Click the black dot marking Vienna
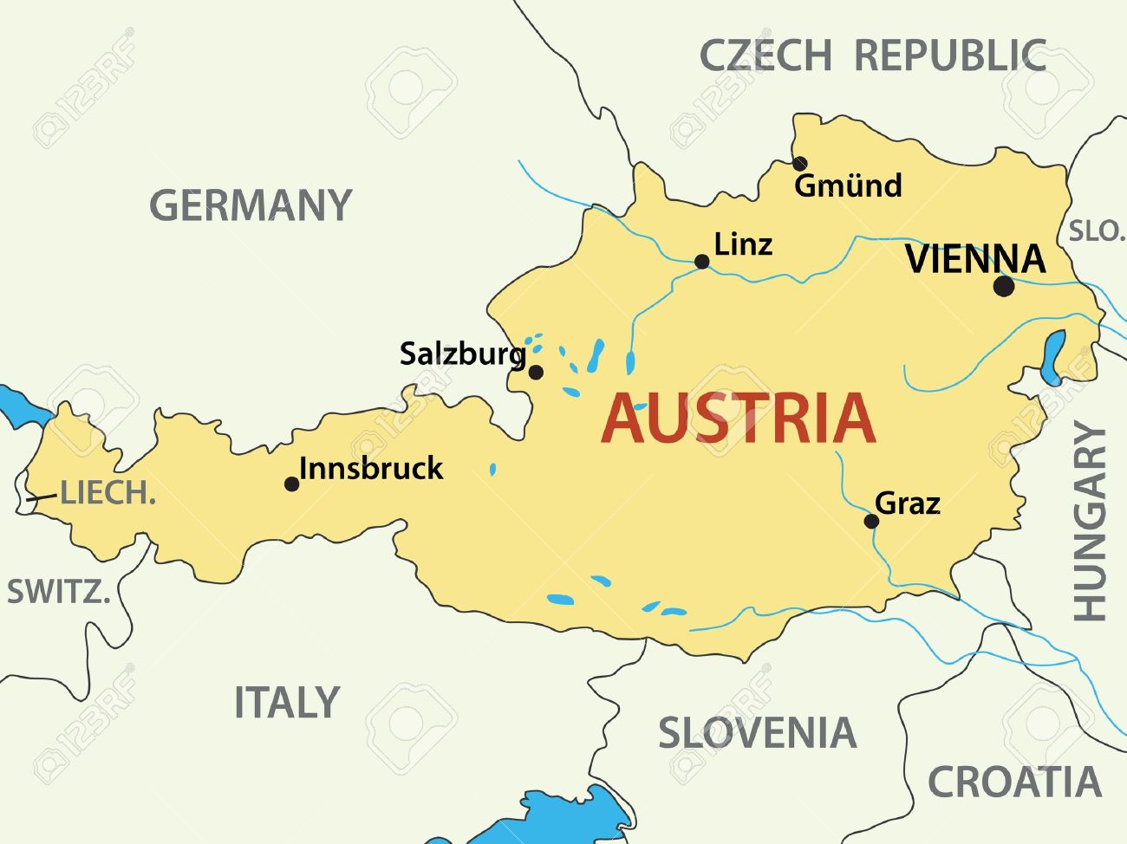tap(1003, 287)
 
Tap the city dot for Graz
tap(871, 521)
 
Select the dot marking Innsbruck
tap(292, 484)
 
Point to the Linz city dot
tap(702, 262)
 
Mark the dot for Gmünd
tap(799, 164)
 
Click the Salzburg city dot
tap(536, 373)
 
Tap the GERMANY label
tap(251, 206)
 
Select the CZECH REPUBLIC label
tap(872, 55)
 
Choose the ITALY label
tap(286, 703)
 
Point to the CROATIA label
tap(1013, 782)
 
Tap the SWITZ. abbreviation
tap(58, 593)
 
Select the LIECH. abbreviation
tap(107, 493)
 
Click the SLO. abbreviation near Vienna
tap(1096, 231)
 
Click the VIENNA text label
tap(975, 259)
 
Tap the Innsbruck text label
tap(371, 469)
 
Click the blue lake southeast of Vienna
tap(1052, 356)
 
